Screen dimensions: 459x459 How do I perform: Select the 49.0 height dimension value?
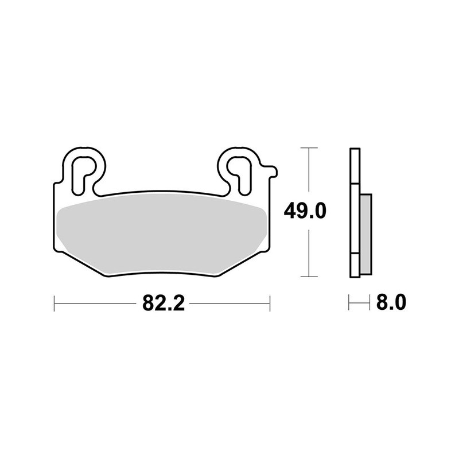click(305, 211)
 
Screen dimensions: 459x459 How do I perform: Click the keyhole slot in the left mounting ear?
click(84, 170)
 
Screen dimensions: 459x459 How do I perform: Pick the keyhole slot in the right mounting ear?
click(241, 170)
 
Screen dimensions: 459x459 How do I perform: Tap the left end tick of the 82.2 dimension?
click(54, 303)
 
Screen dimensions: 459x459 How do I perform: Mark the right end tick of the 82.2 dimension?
click(269, 303)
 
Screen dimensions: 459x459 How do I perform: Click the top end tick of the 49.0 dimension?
click(309, 148)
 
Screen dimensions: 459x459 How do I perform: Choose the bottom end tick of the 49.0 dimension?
click(309, 277)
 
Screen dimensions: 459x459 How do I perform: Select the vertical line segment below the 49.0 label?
click(309, 252)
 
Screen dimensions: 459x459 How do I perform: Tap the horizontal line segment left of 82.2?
click(95, 303)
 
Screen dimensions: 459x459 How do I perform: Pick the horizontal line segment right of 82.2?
click(229, 303)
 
